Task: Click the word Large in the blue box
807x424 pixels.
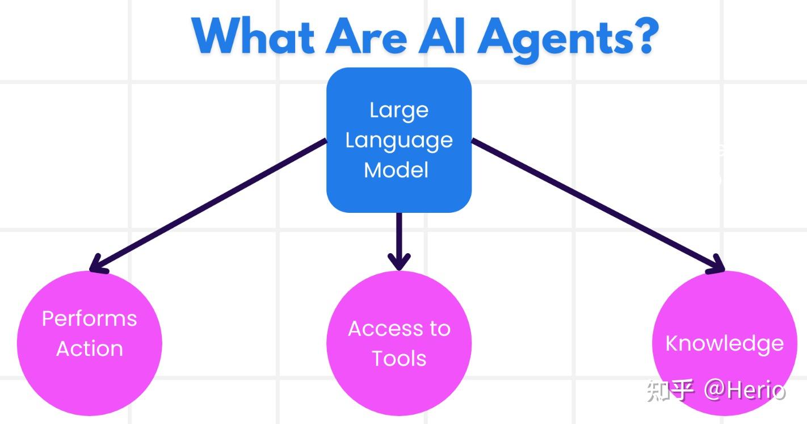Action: [x=399, y=110]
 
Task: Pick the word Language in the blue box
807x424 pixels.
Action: [x=399, y=141]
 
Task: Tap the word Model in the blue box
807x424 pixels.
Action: [x=396, y=170]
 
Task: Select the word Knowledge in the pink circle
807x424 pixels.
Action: [x=724, y=344]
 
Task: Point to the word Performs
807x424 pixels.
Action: [x=89, y=318]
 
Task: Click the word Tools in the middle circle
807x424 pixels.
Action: [x=399, y=359]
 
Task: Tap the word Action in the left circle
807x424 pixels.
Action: [x=89, y=349]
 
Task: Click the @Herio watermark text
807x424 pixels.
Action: [x=745, y=391]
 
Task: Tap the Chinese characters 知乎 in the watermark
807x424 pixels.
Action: [x=670, y=391]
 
